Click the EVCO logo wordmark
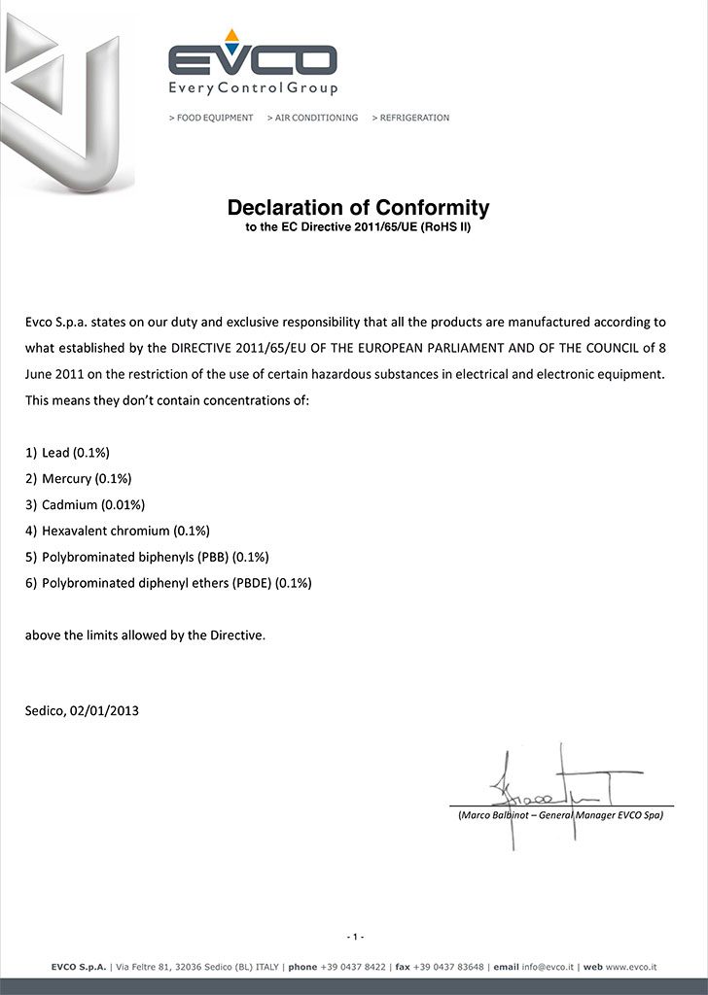(253, 60)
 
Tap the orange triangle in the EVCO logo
(231, 36)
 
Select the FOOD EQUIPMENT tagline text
(211, 118)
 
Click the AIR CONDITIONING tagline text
(312, 118)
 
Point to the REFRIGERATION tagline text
(410, 118)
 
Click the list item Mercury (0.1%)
(87, 479)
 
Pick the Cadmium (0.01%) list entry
(93, 505)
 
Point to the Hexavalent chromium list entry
(125, 532)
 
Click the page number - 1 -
(354, 937)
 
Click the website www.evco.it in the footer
(632, 967)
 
